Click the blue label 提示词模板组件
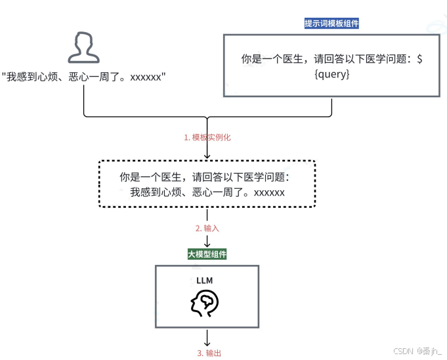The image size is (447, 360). click(x=331, y=24)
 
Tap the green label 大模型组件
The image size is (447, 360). click(x=207, y=254)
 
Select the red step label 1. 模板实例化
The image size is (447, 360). click(x=207, y=138)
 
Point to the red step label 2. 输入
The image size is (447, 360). click(x=207, y=228)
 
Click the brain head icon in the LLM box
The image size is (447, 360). click(x=204, y=304)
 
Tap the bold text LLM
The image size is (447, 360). click(x=205, y=280)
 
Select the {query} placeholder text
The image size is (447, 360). click(x=332, y=75)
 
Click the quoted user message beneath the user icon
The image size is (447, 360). click(x=83, y=77)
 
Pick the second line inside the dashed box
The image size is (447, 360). click(x=207, y=192)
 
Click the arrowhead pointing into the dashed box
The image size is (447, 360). click(x=207, y=156)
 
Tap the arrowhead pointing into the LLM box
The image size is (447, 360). click(x=207, y=243)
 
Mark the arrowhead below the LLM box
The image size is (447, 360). click(x=207, y=342)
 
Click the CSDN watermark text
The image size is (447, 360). click(x=417, y=351)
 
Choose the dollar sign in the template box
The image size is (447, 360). click(x=420, y=59)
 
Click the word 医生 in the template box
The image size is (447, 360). click(x=289, y=59)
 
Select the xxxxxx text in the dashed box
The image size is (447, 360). click(x=268, y=192)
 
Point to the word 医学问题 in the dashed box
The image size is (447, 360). click(x=266, y=178)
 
